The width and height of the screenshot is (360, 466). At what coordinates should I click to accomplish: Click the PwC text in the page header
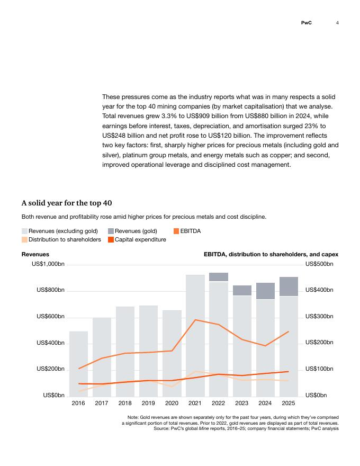coord(306,23)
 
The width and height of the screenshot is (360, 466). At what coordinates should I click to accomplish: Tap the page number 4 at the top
coord(337,23)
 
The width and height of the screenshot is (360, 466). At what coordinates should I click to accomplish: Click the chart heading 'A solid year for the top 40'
coord(67,203)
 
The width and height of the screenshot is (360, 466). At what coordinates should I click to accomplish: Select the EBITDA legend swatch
coord(176,231)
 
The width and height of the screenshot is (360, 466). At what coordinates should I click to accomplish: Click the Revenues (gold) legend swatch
coord(111,231)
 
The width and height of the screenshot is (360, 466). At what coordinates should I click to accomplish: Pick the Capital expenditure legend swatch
coord(111,239)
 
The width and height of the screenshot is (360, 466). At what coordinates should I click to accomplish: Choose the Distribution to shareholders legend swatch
coord(24,239)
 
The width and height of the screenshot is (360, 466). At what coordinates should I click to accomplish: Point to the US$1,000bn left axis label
coord(48,264)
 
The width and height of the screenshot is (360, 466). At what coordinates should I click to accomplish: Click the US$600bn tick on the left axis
coord(50,316)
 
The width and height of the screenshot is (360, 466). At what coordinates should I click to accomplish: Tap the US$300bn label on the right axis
coord(319,316)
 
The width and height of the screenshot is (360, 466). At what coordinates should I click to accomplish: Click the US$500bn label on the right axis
coord(319,264)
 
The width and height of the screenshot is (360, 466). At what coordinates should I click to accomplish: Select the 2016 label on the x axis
coord(78,403)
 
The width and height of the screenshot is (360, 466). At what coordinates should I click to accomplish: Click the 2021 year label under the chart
coord(195,403)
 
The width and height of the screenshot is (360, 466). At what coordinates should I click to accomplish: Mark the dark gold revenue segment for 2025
coord(289,286)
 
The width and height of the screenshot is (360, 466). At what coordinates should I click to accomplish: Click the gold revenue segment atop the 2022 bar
coord(219,277)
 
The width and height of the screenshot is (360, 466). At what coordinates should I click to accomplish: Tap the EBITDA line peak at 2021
coord(195,320)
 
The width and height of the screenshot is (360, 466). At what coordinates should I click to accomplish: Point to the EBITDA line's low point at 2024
coord(265,346)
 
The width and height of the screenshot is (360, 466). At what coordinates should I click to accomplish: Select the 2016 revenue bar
coord(78,364)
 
